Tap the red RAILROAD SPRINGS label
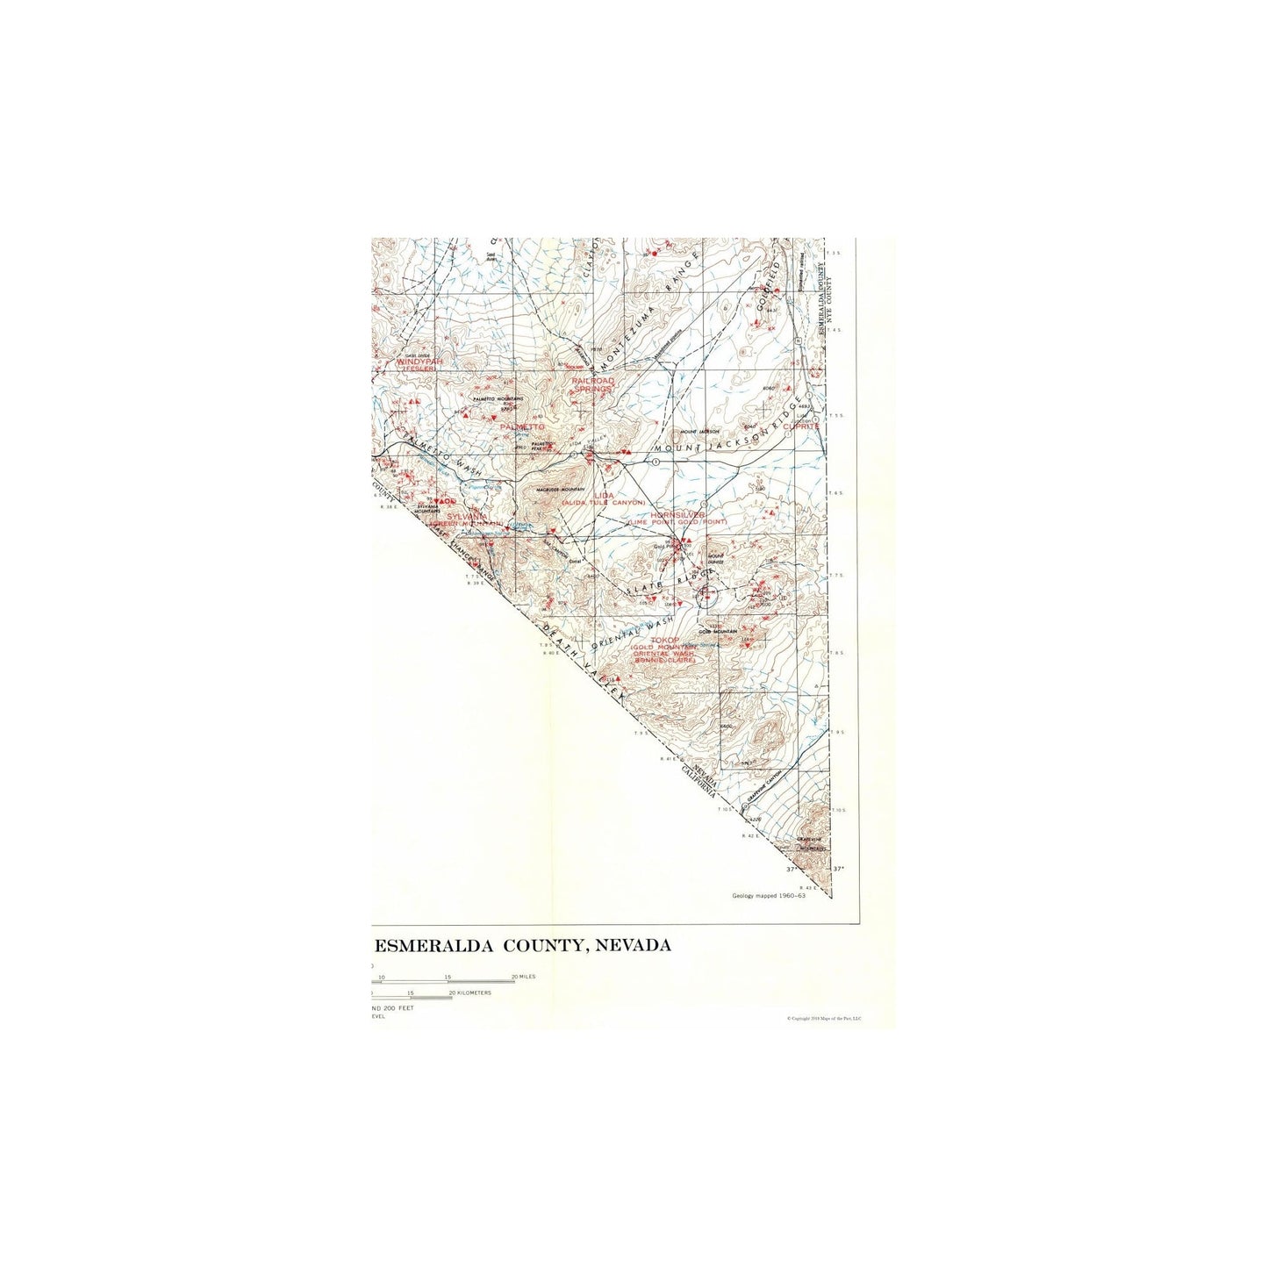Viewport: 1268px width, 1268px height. (x=593, y=384)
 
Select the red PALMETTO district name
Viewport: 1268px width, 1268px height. (x=521, y=426)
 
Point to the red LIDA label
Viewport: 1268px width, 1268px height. (x=604, y=495)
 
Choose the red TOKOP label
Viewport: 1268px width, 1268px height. (x=664, y=641)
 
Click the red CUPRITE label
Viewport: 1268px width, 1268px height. (x=800, y=426)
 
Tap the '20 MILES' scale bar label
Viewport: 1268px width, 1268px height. (x=523, y=976)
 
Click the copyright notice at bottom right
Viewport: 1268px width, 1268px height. (x=824, y=1018)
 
